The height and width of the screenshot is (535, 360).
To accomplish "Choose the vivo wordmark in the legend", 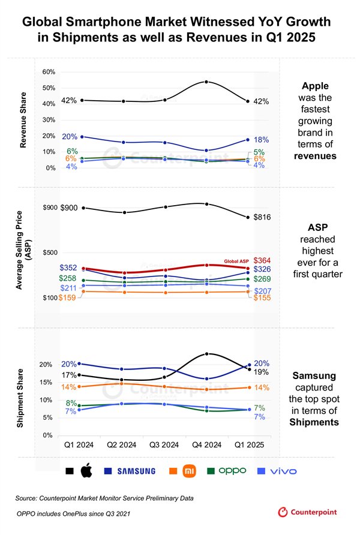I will click(x=283, y=471).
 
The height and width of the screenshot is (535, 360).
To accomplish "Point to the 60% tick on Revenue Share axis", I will click(x=49, y=72).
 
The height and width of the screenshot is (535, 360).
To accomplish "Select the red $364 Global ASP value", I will click(x=262, y=260).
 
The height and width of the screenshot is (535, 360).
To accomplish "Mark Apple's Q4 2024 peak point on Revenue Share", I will click(x=207, y=82).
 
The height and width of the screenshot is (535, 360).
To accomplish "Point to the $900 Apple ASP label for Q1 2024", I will click(x=69, y=208).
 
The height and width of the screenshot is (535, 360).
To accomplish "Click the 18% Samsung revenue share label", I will click(x=262, y=139).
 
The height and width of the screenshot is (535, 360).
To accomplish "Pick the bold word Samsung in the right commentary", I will click(x=310, y=375).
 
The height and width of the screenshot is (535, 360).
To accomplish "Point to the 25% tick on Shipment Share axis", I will click(x=49, y=347).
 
